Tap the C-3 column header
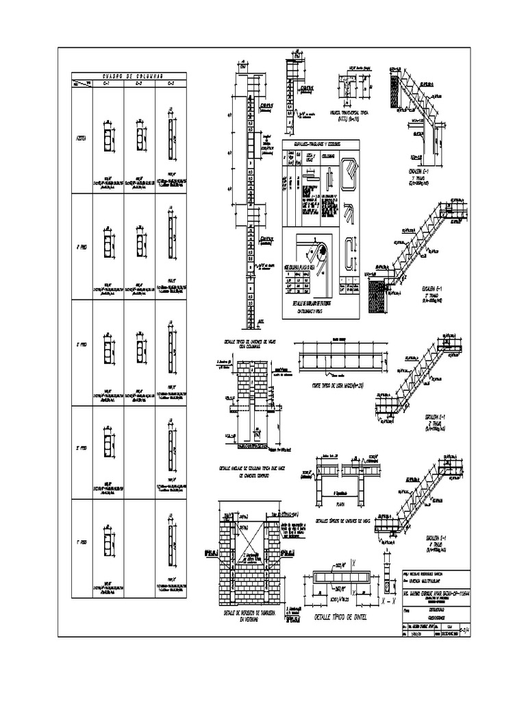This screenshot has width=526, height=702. click(x=171, y=84)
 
